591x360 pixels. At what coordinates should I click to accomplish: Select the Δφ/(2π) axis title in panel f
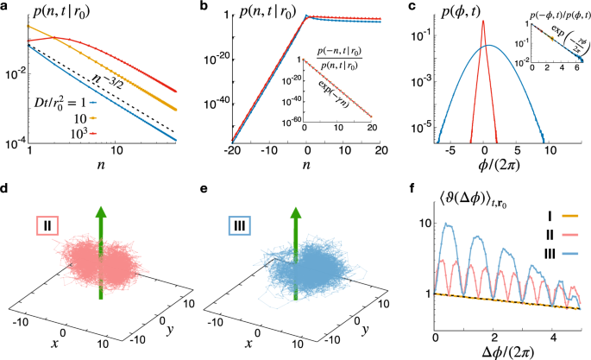(x=500, y=345)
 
